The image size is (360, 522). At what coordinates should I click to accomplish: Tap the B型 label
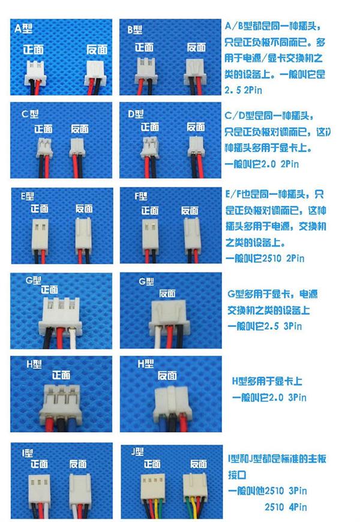click(x=134, y=29)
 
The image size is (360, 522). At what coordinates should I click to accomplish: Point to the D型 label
click(x=136, y=114)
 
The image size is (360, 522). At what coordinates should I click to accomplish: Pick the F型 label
click(x=142, y=196)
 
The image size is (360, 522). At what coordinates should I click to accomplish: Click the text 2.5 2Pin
click(x=244, y=91)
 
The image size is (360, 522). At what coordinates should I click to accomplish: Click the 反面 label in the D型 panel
click(x=196, y=127)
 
